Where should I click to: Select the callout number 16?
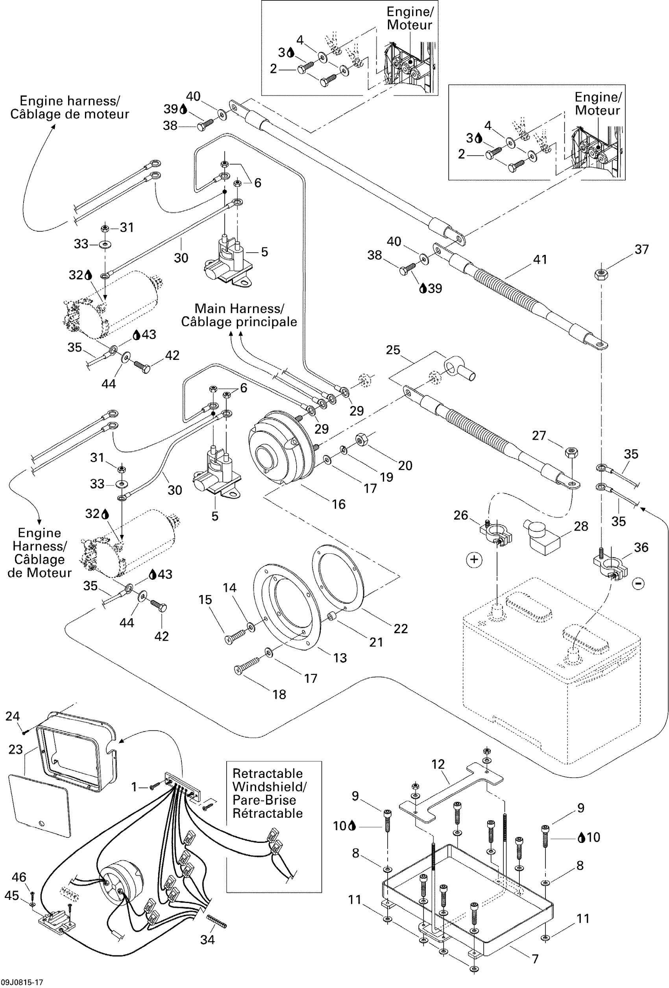click(338, 504)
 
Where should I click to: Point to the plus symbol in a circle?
click(474, 559)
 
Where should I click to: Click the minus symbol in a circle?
click(638, 584)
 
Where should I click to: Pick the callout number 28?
click(581, 526)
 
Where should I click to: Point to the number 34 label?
click(207, 940)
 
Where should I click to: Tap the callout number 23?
click(16, 750)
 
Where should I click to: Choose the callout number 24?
click(12, 716)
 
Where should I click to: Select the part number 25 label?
click(393, 350)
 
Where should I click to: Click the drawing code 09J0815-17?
click(22, 982)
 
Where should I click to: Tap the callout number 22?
click(401, 629)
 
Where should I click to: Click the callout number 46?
click(19, 877)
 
